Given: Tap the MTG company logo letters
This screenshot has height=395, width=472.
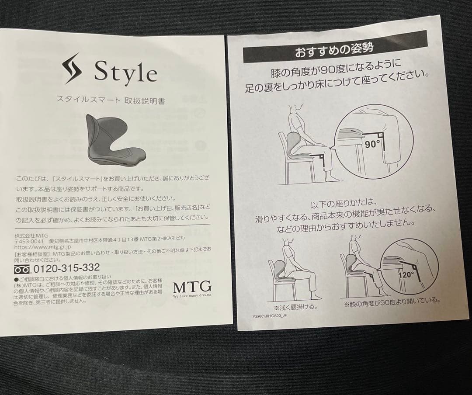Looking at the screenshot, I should tap(192, 287).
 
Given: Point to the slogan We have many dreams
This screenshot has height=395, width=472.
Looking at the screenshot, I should tap(192, 296).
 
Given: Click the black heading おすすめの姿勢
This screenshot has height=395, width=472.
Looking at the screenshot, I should tap(335, 52).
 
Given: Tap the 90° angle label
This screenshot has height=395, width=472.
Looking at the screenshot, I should tap(372, 144).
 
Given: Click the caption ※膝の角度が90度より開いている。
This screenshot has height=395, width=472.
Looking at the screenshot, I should tap(392, 302).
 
